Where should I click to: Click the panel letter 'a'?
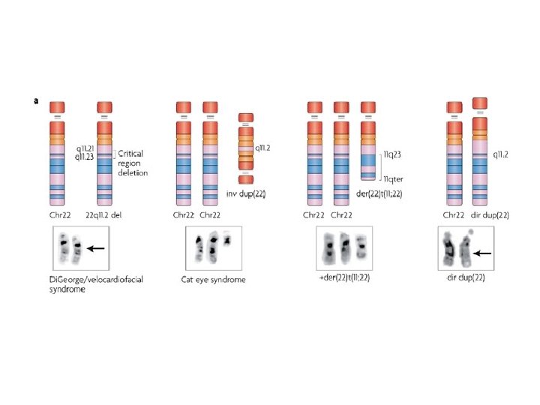pyautogui.click(x=36, y=100)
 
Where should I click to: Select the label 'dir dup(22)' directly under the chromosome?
pyautogui.click(x=493, y=214)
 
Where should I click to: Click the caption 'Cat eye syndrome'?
pyautogui.click(x=214, y=280)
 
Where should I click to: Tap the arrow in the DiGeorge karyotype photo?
pyautogui.click(x=94, y=247)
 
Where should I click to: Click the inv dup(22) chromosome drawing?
pyautogui.click(x=247, y=148)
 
